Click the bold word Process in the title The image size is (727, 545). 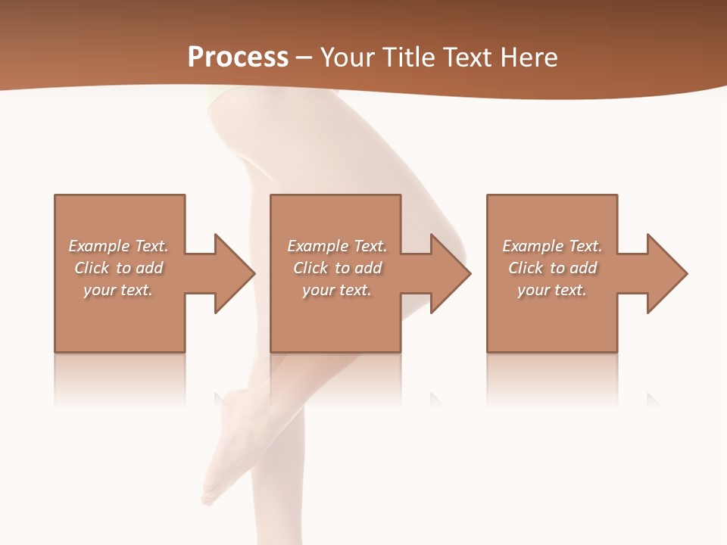pos(238,58)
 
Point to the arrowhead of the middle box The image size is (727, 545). pos(450,273)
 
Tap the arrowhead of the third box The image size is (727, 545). pos(666,273)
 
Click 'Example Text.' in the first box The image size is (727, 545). pos(118,246)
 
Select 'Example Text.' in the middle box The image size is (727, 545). pos(337,246)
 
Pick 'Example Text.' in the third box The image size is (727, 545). pos(552,246)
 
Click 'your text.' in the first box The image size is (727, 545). pos(118,290)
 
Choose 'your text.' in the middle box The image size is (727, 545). pos(337,290)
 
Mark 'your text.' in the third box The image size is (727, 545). pos(552,290)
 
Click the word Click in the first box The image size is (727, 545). pos(91,268)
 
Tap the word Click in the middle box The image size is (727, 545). pos(310,268)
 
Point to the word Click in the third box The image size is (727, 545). pos(526,268)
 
